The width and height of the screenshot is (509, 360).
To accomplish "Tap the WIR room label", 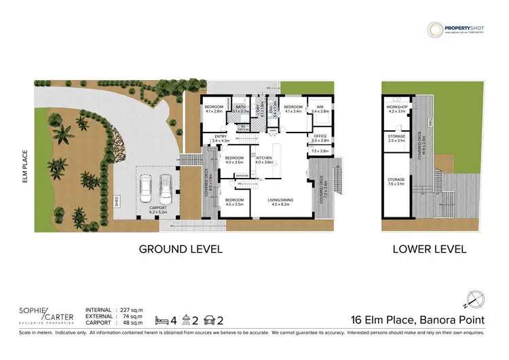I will pyautogui.click(x=320, y=109).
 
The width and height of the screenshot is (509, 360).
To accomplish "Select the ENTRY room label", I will pyautogui.click(x=220, y=138).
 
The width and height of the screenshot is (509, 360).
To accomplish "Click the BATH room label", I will pyautogui.click(x=240, y=109).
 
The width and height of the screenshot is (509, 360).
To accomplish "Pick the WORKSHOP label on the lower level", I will pyautogui.click(x=396, y=109).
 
